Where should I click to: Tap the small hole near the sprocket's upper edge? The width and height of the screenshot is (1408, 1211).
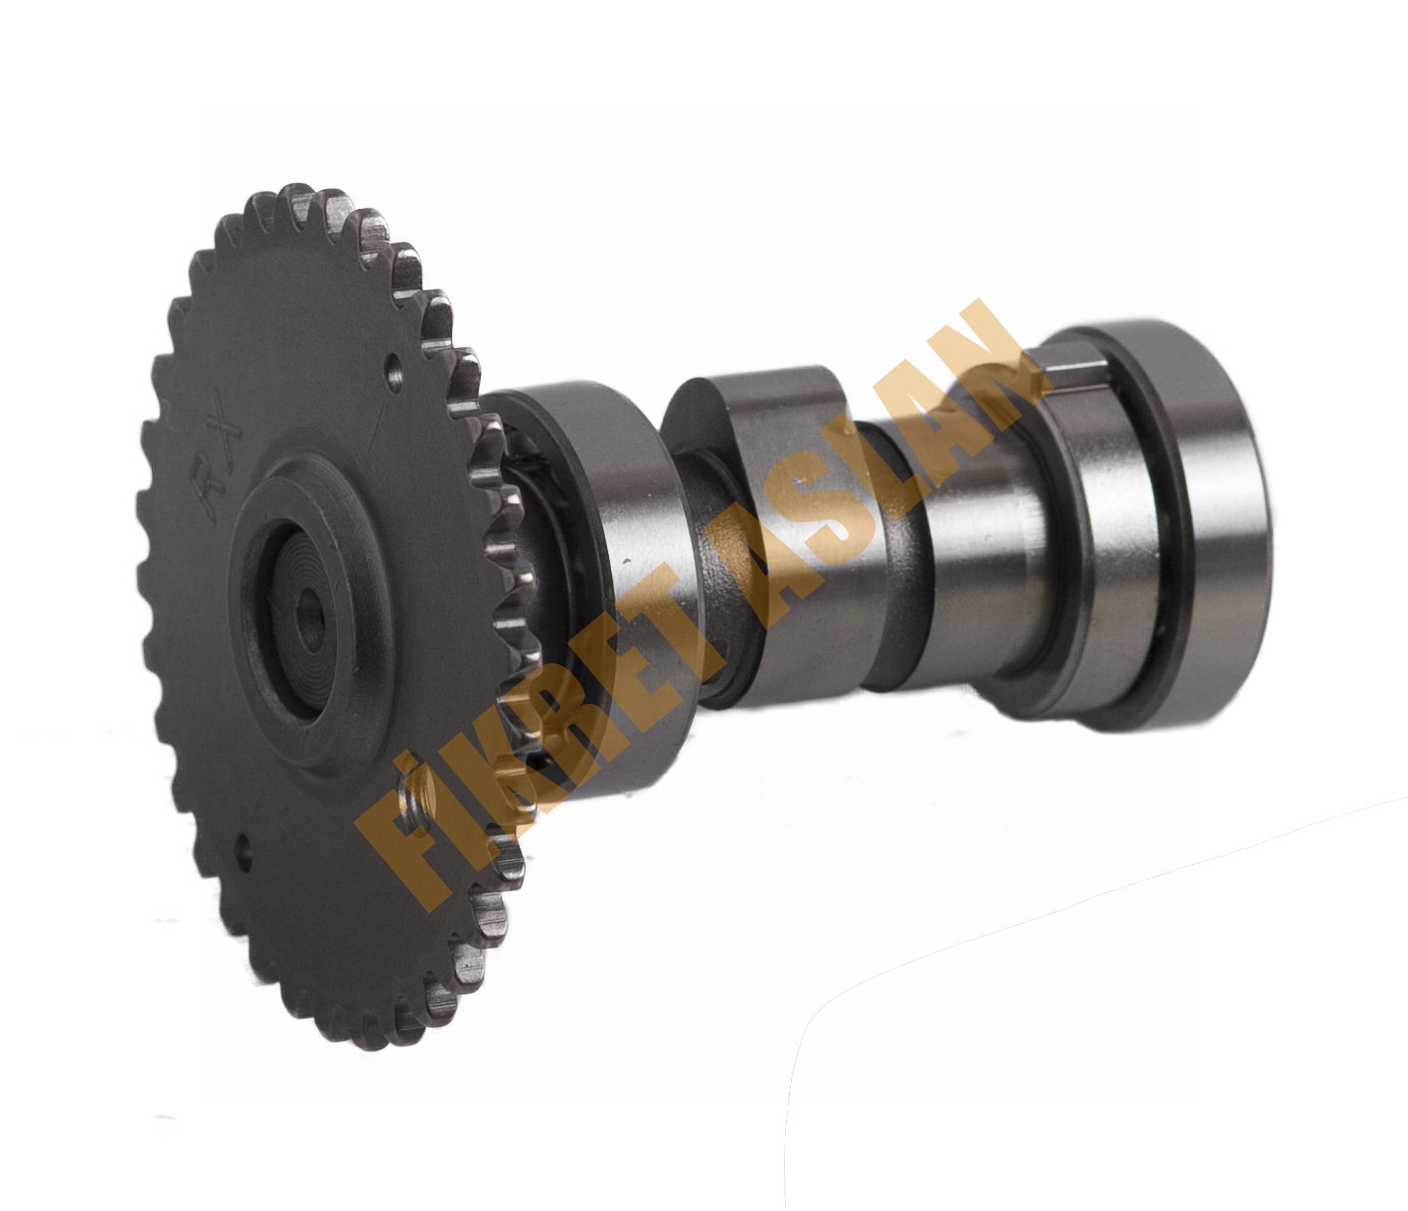pyautogui.click(x=394, y=372)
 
